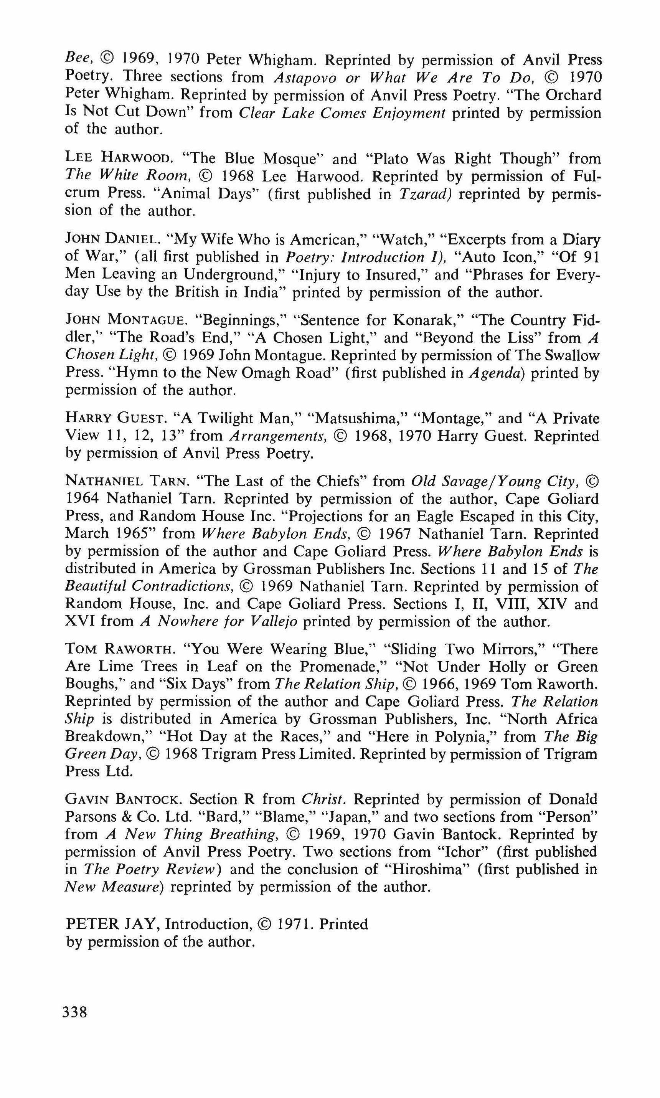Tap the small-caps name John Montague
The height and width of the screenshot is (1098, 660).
(x=125, y=320)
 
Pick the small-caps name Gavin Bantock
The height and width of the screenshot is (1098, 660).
(x=123, y=799)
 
